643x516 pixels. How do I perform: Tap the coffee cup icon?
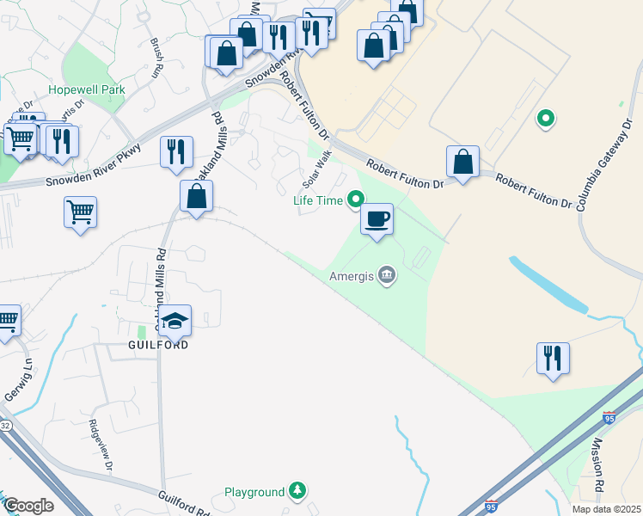pyautogui.click(x=377, y=220)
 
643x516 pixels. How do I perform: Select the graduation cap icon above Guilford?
pyautogui.click(x=175, y=322)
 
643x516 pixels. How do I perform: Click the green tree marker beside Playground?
pyautogui.click(x=297, y=492)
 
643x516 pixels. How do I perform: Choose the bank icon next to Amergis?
pyautogui.click(x=387, y=276)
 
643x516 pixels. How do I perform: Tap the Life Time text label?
pyautogui.click(x=318, y=201)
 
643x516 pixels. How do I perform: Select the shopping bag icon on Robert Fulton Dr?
pyautogui.click(x=462, y=162)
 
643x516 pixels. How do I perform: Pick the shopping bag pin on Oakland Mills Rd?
pyautogui.click(x=197, y=196)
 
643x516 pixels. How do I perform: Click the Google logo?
pyautogui.click(x=28, y=506)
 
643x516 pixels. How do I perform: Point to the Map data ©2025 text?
pyautogui.click(x=605, y=509)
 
